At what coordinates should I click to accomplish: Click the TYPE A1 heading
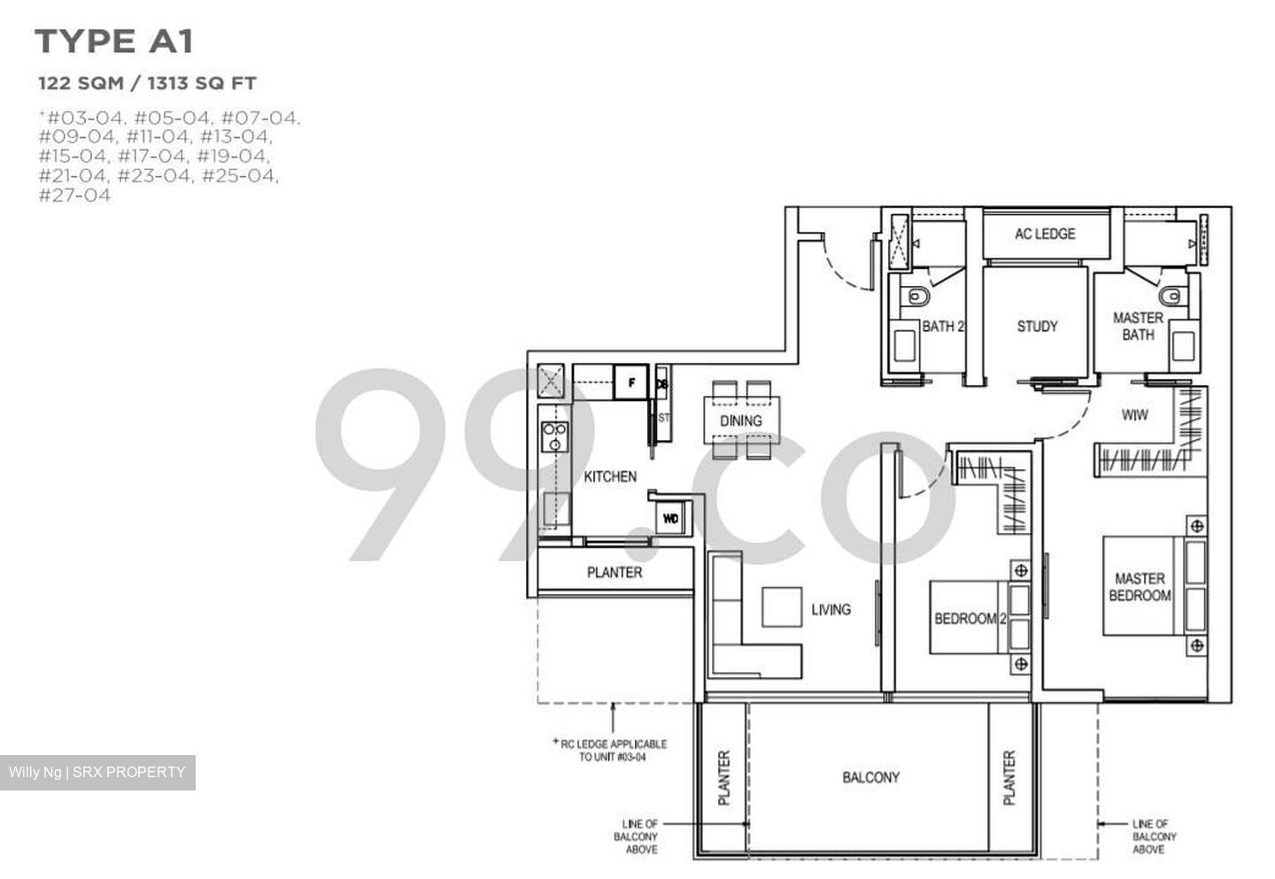point(113,42)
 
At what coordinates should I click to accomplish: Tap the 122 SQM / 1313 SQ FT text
point(147,83)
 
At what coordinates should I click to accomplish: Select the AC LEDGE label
point(1045,234)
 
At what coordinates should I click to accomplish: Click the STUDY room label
point(1037,326)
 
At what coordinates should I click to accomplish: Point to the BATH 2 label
point(942,326)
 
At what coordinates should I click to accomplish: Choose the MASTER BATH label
point(1138,326)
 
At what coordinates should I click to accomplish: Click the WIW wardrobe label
point(1134,414)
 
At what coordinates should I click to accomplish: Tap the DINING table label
point(741,420)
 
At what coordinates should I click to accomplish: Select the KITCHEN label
point(610,476)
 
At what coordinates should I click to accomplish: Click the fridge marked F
point(631,383)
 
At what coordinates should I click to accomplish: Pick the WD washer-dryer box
point(670,519)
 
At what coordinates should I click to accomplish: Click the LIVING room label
point(831,609)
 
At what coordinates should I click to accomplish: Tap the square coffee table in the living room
point(782,607)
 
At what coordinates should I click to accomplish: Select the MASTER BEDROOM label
point(1140,587)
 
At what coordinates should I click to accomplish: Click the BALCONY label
point(870,777)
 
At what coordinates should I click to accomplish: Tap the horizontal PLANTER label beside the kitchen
point(614,573)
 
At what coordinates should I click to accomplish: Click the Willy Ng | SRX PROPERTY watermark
point(97,772)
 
